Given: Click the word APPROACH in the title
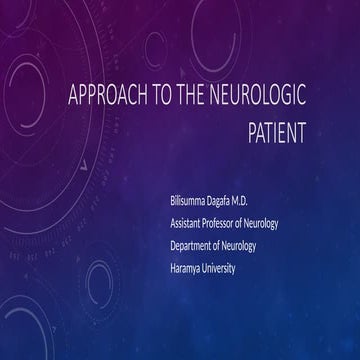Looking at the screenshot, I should pyautogui.click(x=104, y=98).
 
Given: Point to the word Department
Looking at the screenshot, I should pyautogui.click(x=196, y=246).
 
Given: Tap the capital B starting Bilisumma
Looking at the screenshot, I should pyautogui.click(x=174, y=202).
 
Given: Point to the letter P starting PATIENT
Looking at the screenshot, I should pyautogui.click(x=252, y=133).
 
